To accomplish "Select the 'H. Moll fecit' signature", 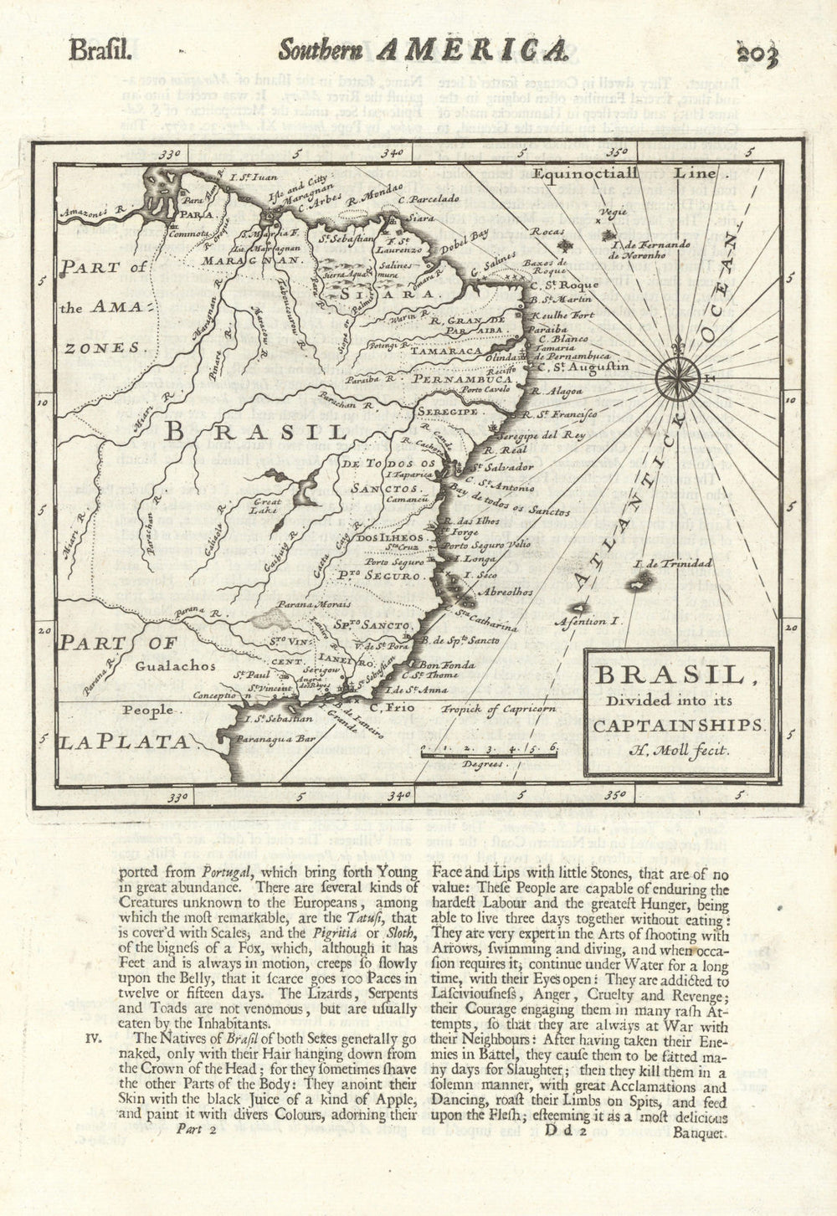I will (679, 751).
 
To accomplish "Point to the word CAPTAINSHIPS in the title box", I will (679, 726).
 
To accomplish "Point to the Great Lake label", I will (266, 504).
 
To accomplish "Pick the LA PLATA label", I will (125, 741).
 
